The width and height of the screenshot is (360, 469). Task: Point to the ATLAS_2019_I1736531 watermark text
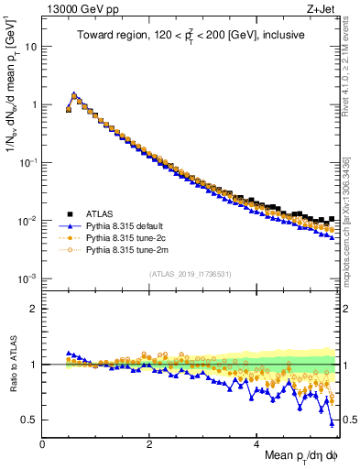tap(190, 273)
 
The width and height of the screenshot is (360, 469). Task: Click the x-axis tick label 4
tap(257, 443)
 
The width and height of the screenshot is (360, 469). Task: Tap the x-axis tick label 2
tap(149, 443)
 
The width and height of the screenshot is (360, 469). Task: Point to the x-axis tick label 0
tap(42, 443)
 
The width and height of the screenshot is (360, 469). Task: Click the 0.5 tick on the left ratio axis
tap(30, 420)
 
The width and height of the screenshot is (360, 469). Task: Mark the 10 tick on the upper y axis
tap(30, 46)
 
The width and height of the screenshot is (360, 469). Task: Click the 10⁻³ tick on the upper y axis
tap(27, 278)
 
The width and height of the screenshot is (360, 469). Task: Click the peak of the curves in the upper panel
tap(74, 93)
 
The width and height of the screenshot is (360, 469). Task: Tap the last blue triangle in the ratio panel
tap(332, 423)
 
